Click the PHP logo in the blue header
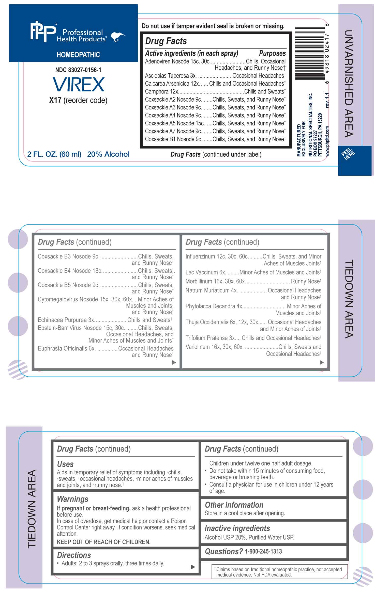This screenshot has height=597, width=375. [43, 32]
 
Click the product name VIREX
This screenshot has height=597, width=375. [79, 85]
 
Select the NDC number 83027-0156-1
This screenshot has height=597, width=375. [78, 70]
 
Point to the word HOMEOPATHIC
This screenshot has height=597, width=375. [78, 55]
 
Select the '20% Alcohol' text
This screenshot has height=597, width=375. [108, 154]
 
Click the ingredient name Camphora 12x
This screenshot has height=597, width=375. [161, 91]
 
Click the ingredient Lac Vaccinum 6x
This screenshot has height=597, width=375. [205, 272]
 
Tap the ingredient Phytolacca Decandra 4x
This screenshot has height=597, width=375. [214, 306]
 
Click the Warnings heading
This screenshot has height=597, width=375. [72, 499]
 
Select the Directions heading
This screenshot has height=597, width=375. [74, 555]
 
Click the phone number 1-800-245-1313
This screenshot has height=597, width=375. [263, 551]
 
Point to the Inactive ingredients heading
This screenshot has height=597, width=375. [237, 528]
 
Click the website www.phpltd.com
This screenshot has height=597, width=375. [327, 141]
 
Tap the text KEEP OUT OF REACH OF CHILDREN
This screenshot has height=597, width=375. [103, 542]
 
